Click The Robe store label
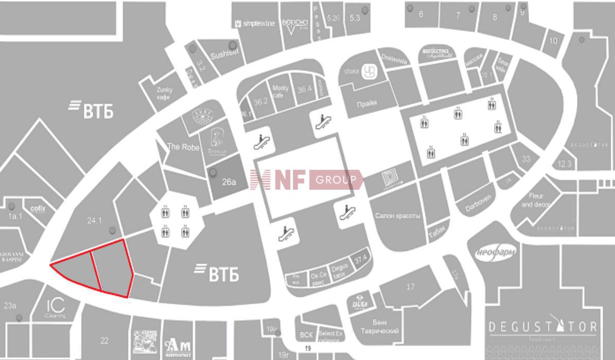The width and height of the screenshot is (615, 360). click(x=180, y=147)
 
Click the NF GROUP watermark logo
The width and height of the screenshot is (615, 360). click(x=306, y=180)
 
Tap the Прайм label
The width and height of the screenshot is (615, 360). click(x=366, y=103)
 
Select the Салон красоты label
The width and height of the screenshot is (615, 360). click(x=397, y=215)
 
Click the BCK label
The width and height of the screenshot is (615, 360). click(x=306, y=335)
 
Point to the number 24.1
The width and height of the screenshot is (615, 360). click(x=95, y=221)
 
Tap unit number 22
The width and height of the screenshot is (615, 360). click(x=104, y=340)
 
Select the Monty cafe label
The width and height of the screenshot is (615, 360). click(x=280, y=92)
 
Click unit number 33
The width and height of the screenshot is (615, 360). click(x=526, y=159)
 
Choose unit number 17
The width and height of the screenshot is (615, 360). click(x=410, y=286)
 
